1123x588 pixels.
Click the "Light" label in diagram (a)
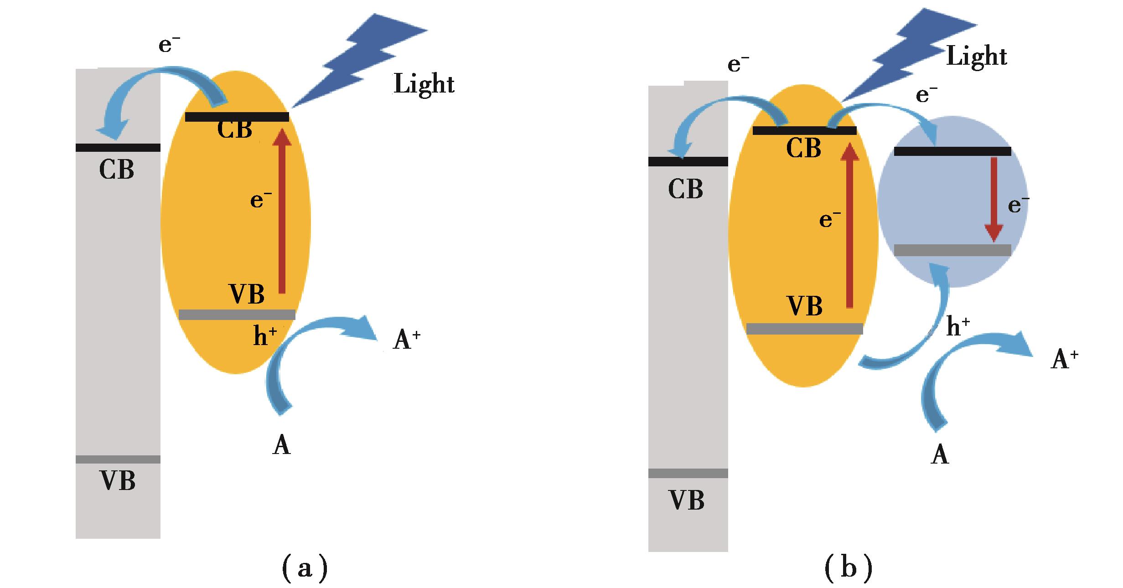424,84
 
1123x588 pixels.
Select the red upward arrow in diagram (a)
282,210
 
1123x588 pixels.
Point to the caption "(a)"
305,567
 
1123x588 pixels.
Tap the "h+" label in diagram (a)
265,336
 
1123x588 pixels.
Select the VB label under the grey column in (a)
118,481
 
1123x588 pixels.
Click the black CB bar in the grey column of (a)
118,148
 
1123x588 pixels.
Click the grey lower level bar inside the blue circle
952,250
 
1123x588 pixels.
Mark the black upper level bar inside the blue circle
952,151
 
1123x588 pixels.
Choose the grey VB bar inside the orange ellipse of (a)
237,315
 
